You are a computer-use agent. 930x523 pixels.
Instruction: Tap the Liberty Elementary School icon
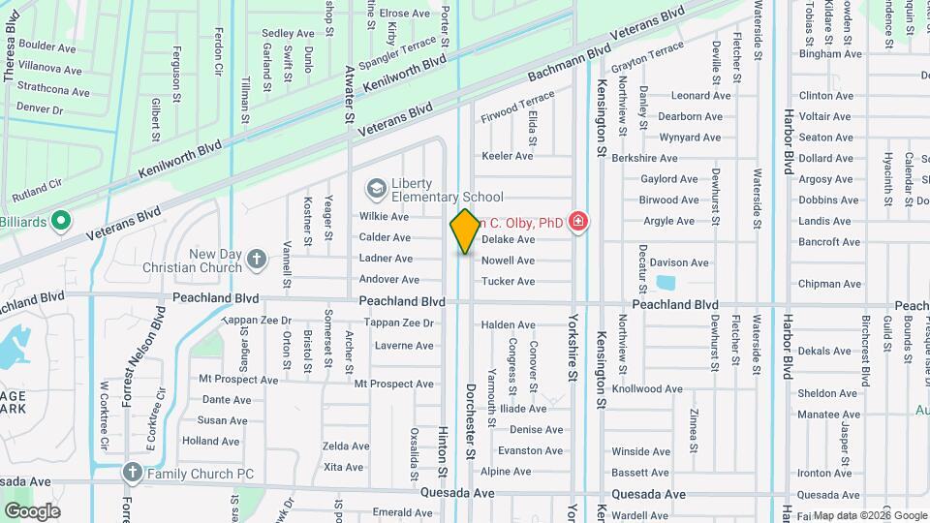pos(375,187)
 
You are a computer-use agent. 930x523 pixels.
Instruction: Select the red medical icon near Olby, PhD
pos(578,223)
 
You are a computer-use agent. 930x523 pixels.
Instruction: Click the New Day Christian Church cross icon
pos(256,259)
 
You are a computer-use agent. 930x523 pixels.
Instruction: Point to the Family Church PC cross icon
pos(133,474)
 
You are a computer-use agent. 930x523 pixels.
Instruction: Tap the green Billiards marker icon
pos(60,221)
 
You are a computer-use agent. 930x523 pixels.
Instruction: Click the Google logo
pos(32,510)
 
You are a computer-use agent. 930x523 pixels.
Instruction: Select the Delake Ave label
pos(508,239)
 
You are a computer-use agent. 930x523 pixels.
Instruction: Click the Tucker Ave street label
pos(508,282)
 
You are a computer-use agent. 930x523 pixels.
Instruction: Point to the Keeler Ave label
pos(508,156)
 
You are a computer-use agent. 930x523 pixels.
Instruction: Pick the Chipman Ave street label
pos(829,285)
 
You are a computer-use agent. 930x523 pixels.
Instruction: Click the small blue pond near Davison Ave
pos(666,284)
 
